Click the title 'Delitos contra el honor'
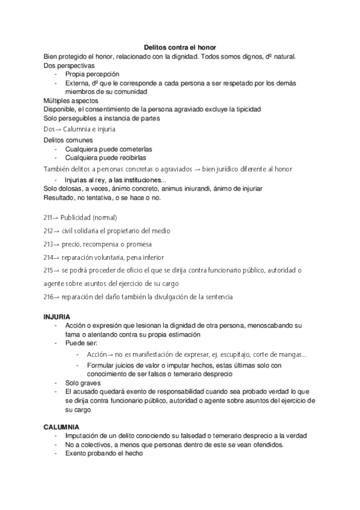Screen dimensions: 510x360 pos(180,47)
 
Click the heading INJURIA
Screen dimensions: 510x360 pos(57,316)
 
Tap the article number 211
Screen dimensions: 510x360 pos(48,217)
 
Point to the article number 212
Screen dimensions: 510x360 pos(48,231)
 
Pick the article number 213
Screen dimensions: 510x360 pos(48,244)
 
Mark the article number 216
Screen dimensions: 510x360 pos(48,296)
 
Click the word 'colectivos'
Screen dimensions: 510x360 pos(92,445)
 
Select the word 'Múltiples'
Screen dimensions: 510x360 pos(58,100)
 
